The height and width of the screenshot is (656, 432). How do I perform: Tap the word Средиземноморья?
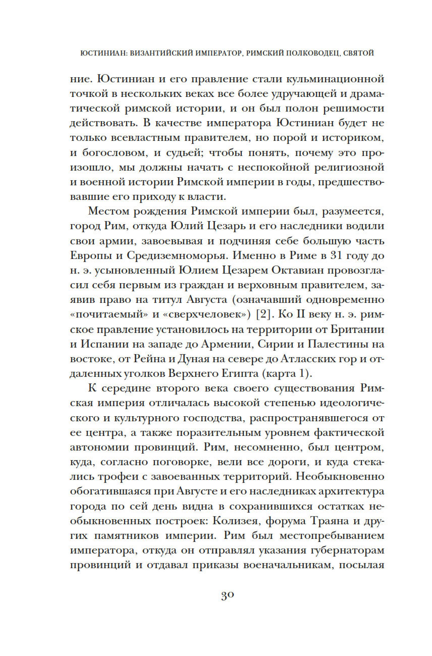click(177, 256)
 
